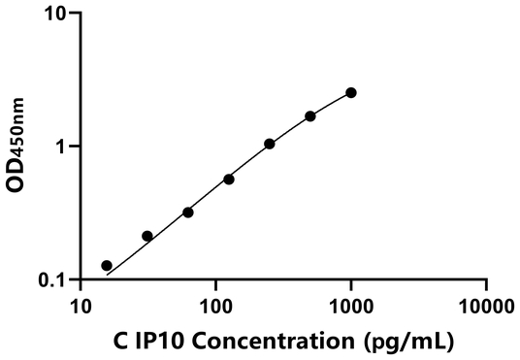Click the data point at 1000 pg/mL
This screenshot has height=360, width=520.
(x=351, y=92)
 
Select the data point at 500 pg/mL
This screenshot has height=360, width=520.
(x=310, y=116)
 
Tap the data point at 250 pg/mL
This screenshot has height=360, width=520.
(x=270, y=144)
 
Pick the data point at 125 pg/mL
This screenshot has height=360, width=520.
(x=229, y=180)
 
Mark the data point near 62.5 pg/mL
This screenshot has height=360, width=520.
(x=188, y=213)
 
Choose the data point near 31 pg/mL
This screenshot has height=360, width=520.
(x=147, y=236)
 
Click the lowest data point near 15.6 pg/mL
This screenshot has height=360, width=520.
(x=107, y=266)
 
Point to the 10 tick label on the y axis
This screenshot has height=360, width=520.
(x=56, y=15)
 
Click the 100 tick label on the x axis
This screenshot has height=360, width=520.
(x=215, y=308)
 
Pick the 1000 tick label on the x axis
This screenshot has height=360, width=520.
(x=350, y=308)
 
